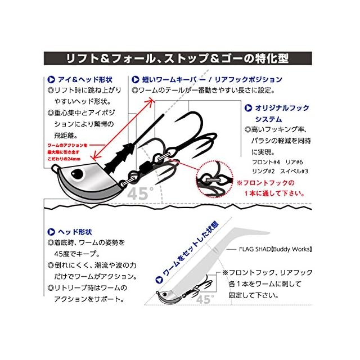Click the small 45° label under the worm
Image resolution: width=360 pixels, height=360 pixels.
coord(204,299)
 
